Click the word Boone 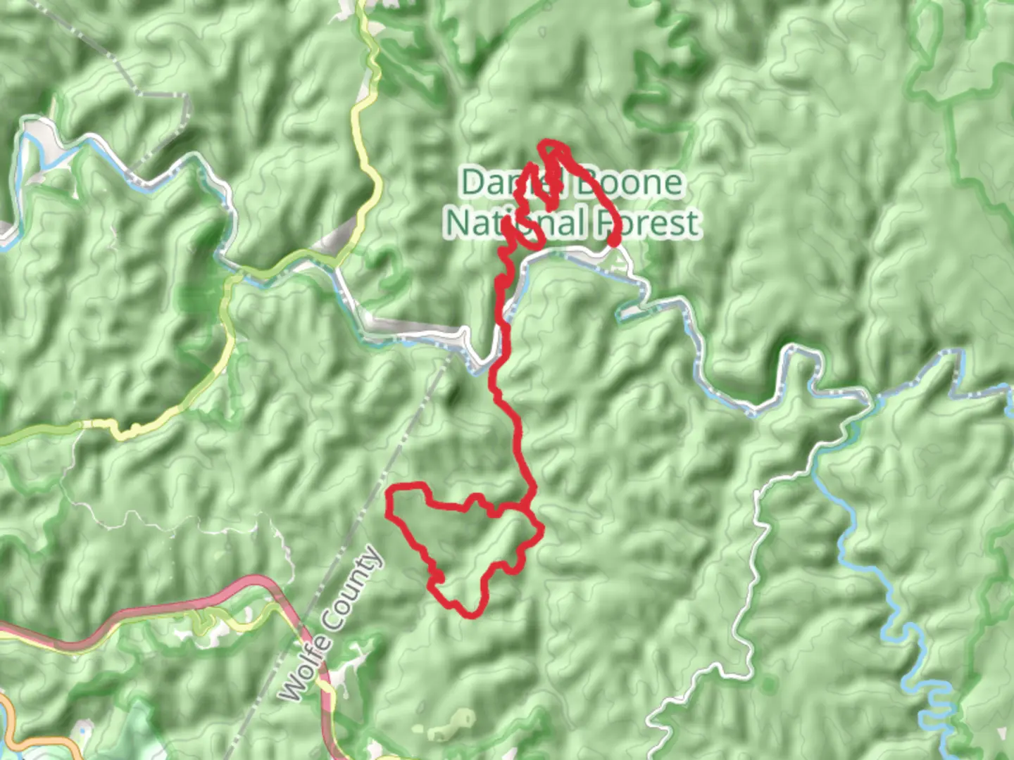(629, 183)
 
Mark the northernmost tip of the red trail (549, 144)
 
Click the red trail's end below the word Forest (614, 242)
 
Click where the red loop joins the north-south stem (527, 507)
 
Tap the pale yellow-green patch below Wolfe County (451, 725)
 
